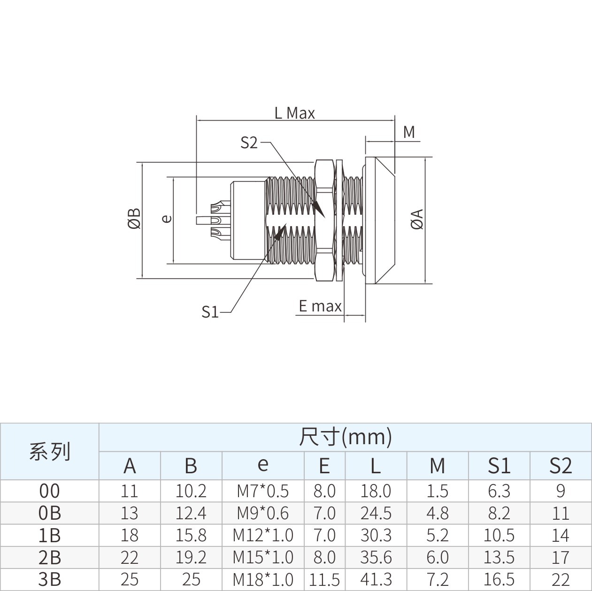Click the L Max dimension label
pos(295,113)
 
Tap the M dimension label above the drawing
pos(409,132)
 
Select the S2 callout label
pos(249,143)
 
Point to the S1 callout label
pos(210,311)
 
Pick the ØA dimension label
pos(417,219)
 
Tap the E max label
pos(320,306)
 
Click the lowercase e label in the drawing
pos(167,219)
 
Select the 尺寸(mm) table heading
pos(346,436)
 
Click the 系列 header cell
pos(50,451)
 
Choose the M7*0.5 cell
pos(262,491)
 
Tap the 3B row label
pos(50,579)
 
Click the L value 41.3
pos(376,579)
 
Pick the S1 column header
pos(499,466)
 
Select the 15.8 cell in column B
pos(191,535)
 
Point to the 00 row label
pos(49,491)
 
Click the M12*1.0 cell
pos(262,535)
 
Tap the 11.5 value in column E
pos(324,579)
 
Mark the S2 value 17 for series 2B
pos(561,557)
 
